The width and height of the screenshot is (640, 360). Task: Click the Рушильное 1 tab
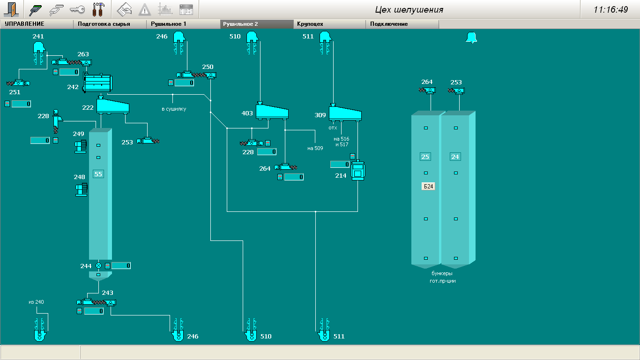[169, 24]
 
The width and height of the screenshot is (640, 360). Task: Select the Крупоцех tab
[310, 24]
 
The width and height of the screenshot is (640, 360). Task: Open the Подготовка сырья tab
[104, 24]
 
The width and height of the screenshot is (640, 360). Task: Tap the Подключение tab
[389, 24]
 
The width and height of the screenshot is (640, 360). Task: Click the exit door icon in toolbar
[12, 9]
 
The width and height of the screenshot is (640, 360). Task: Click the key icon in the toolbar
[77, 9]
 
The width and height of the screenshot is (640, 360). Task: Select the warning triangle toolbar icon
[145, 9]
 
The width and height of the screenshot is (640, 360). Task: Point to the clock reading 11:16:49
[610, 9]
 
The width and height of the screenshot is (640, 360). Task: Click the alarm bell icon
[471, 38]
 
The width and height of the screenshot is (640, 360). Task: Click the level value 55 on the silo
[98, 174]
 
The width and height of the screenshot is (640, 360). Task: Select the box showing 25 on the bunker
[425, 157]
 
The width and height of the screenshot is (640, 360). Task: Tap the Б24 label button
[428, 186]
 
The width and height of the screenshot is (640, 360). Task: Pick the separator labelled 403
[272, 111]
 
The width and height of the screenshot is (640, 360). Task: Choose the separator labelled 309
[345, 112]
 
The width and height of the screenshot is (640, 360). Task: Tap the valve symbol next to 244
[98, 266]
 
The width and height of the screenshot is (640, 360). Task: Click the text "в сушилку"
[174, 109]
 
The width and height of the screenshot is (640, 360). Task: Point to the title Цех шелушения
[409, 9]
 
